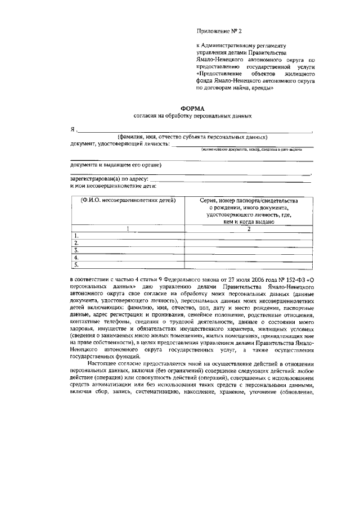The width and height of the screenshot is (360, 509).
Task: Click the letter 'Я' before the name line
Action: (73, 130)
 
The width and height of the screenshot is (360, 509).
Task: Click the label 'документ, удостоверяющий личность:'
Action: (119, 144)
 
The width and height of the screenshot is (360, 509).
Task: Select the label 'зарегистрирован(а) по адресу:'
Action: (109, 179)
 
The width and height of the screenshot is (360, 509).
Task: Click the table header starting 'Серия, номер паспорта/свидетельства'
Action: (248, 200)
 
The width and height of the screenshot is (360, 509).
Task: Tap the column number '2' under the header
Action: (248, 228)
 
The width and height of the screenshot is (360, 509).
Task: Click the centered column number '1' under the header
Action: (128, 228)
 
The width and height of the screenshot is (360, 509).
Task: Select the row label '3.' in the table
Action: (76, 250)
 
